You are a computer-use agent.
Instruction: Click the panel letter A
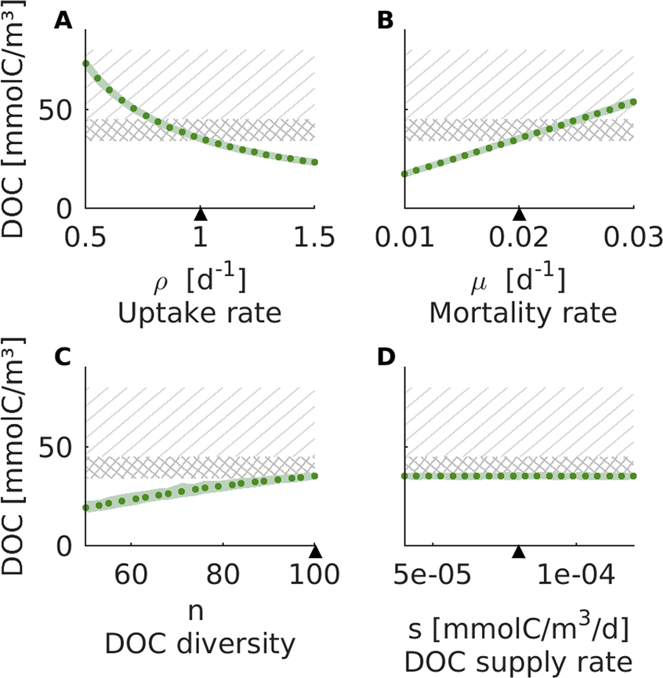(63, 22)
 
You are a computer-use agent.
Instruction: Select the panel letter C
(63, 357)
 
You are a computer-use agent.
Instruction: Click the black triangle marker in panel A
(201, 213)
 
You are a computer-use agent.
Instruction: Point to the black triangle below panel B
(518, 213)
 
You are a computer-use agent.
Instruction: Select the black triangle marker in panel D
(518, 551)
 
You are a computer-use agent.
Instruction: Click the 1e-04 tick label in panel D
(577, 582)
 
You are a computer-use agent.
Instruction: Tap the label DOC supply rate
(518, 658)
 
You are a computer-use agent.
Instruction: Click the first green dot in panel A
(85, 63)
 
